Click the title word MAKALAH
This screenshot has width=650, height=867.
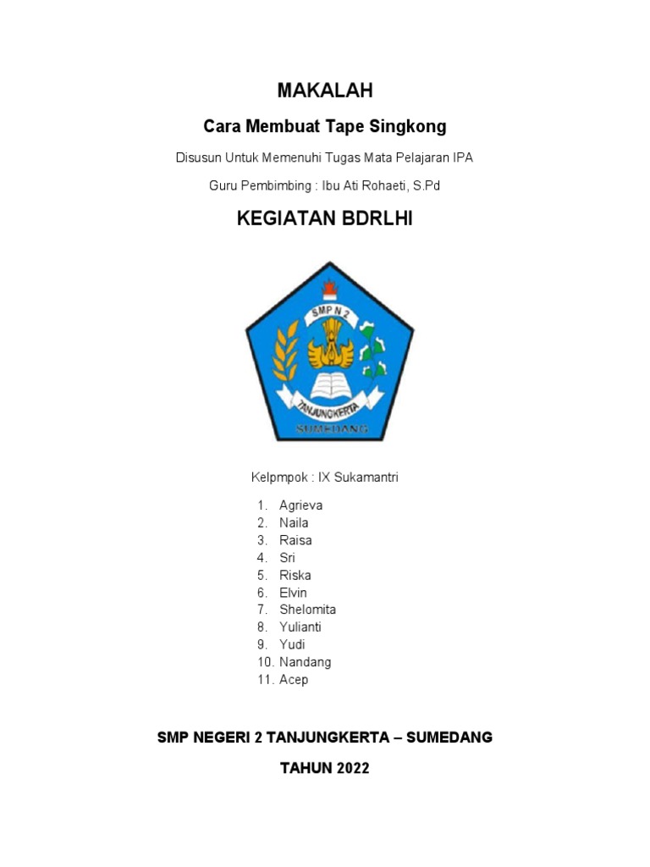pyautogui.click(x=325, y=91)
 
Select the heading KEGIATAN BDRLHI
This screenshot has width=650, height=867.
pyautogui.click(x=325, y=220)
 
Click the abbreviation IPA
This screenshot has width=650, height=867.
pyautogui.click(x=463, y=157)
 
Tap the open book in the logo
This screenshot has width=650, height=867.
pyautogui.click(x=331, y=385)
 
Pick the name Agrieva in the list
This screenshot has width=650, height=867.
pyautogui.click(x=300, y=505)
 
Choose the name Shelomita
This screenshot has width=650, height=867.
pyautogui.click(x=307, y=610)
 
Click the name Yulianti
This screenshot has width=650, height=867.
pyautogui.click(x=300, y=627)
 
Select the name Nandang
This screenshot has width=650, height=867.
pyautogui.click(x=305, y=662)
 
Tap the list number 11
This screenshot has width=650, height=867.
pyautogui.click(x=265, y=680)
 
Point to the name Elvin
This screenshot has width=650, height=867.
pyautogui.click(x=293, y=593)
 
